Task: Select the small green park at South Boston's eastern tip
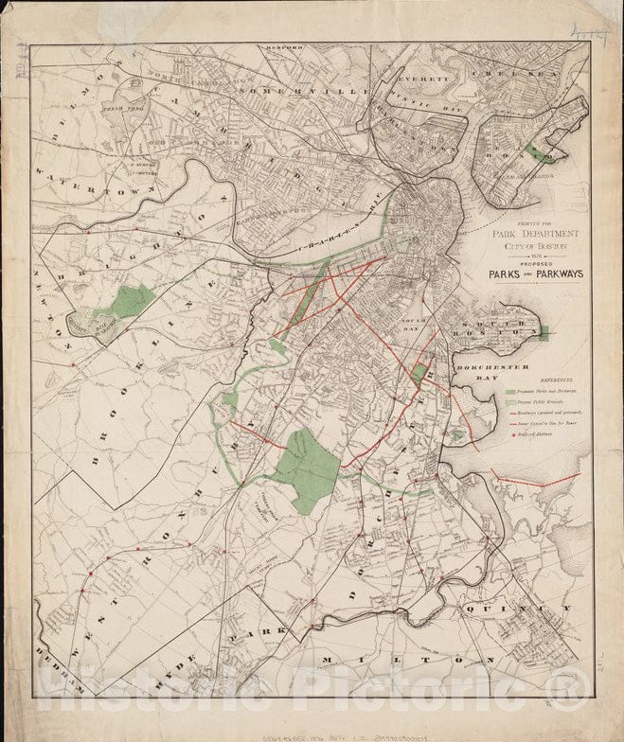[x=544, y=332]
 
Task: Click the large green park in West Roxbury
[x=306, y=468]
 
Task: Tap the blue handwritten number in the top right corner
[x=589, y=29]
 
